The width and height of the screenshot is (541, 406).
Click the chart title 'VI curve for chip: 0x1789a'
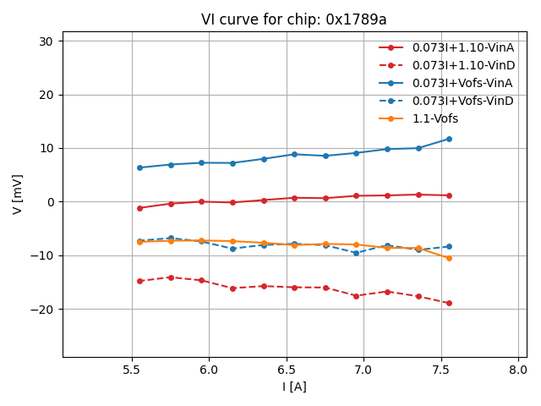293,19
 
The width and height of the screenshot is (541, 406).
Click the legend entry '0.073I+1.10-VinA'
463,47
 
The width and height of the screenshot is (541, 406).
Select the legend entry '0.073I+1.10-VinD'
463,65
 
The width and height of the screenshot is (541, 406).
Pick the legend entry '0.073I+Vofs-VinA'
462,83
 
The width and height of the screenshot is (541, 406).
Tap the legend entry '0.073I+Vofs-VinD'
462,101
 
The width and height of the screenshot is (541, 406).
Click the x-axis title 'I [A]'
294,387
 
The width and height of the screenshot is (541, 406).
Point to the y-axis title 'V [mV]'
18,194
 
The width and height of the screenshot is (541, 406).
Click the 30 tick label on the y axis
46,41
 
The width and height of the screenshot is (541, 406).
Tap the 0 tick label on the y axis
49,202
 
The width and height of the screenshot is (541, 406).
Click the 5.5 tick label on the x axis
132,370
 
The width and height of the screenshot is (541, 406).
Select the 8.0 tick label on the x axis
518,370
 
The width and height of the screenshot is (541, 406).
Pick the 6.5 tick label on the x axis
287,370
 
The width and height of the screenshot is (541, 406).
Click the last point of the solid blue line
449,139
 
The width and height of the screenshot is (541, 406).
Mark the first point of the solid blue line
139,167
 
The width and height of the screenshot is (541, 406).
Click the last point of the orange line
449,258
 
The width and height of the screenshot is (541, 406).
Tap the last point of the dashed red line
449,303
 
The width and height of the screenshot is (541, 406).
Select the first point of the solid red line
139,208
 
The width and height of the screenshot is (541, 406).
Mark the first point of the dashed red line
139,281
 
